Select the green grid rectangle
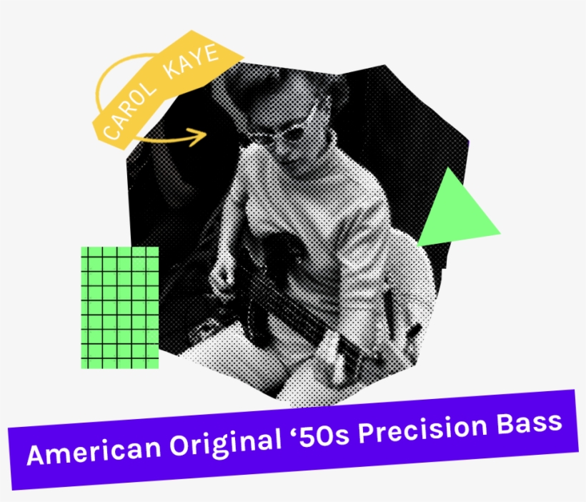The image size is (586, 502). point(120,307)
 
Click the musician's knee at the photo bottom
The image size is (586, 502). point(314,372)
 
